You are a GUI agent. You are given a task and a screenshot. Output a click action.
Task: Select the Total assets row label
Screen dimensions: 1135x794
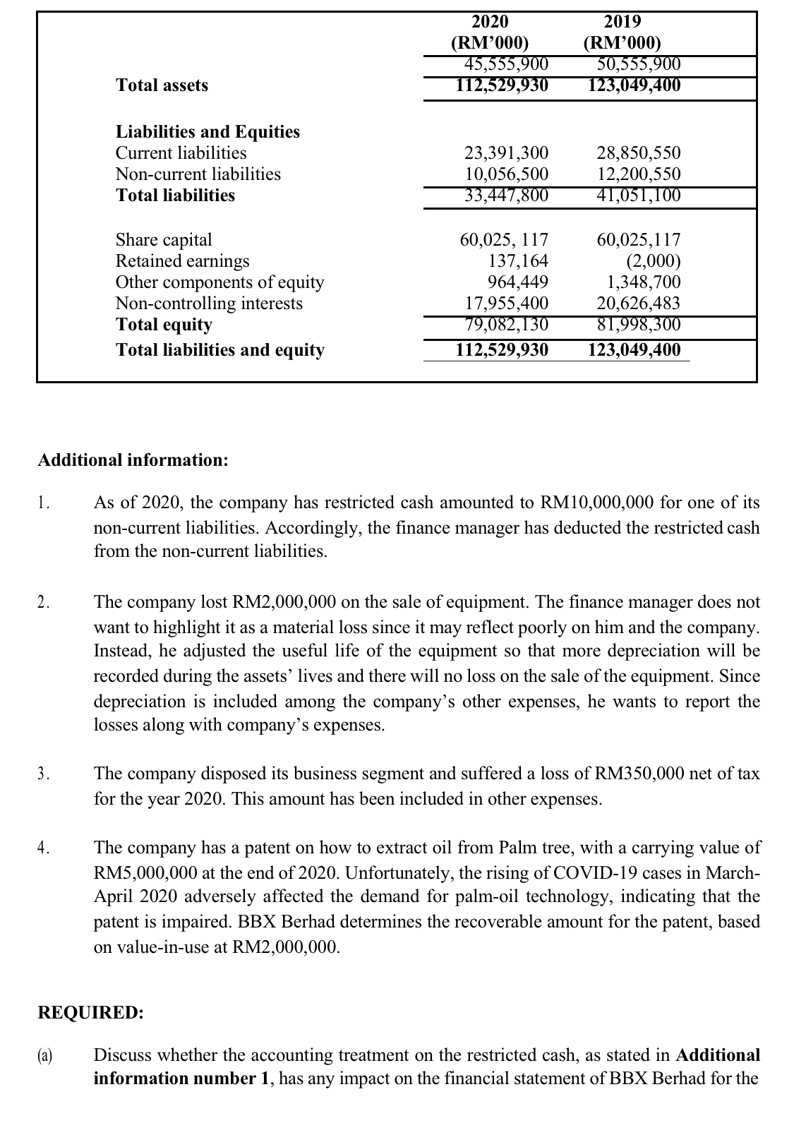click(x=162, y=85)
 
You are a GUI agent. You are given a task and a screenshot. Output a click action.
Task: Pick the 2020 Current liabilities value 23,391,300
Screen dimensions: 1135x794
click(x=505, y=153)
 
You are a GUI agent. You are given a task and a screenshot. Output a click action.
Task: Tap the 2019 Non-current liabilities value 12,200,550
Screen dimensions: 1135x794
click(x=638, y=174)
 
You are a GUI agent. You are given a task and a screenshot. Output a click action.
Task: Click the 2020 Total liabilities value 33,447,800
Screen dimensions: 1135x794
click(x=505, y=196)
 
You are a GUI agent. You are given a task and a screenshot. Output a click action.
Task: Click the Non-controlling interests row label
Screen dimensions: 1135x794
click(x=209, y=304)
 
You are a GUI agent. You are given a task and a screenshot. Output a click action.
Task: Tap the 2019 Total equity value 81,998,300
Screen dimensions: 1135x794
click(x=638, y=325)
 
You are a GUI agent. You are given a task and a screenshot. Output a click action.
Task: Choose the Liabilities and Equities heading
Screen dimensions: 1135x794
click(x=207, y=132)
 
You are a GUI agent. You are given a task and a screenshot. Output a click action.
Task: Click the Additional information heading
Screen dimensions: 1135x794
click(x=133, y=460)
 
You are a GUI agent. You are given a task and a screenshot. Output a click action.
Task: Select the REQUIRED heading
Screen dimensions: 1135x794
click(x=90, y=1012)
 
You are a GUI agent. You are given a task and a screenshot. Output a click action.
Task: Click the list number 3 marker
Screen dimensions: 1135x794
click(x=44, y=774)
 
